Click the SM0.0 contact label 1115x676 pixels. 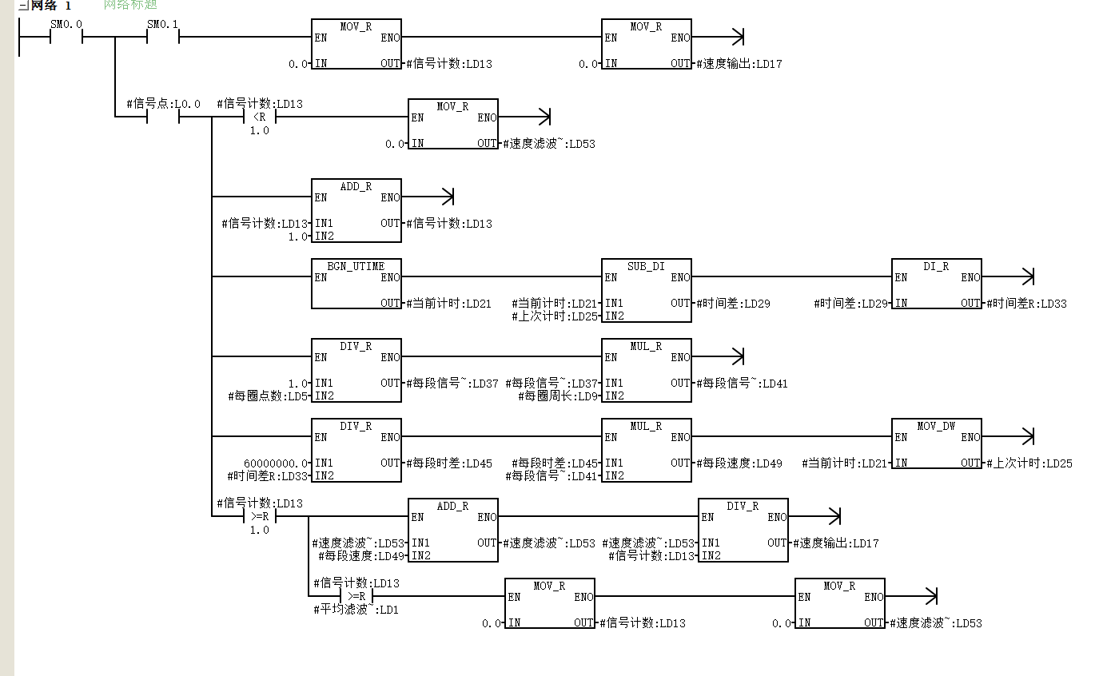pyautogui.click(x=66, y=24)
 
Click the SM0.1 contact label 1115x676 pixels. pyautogui.click(x=162, y=24)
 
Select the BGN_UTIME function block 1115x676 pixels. pyautogui.click(x=356, y=284)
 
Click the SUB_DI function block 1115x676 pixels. pyautogui.click(x=646, y=290)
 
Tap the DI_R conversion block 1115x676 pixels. pyautogui.click(x=936, y=284)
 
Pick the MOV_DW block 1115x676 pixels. pyautogui.click(x=936, y=443)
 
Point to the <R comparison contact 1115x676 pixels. pyautogui.click(x=259, y=117)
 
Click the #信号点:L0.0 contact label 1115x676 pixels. pyautogui.click(x=163, y=104)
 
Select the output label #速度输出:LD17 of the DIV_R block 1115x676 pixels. pyautogui.click(x=836, y=543)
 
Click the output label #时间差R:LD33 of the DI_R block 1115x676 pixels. pyautogui.click(x=1026, y=304)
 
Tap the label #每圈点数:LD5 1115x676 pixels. pyautogui.click(x=268, y=396)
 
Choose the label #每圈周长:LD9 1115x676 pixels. pyautogui.click(x=558, y=396)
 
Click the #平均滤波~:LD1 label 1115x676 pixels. pyautogui.click(x=356, y=610)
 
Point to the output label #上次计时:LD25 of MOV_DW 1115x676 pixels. pyautogui.click(x=1029, y=463)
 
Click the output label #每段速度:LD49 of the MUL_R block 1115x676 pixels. pyautogui.click(x=739, y=463)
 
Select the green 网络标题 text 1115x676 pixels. pyautogui.click(x=130, y=5)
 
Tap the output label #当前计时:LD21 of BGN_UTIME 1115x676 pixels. pyautogui.click(x=449, y=304)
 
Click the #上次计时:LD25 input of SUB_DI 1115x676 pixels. pyautogui.click(x=555, y=316)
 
